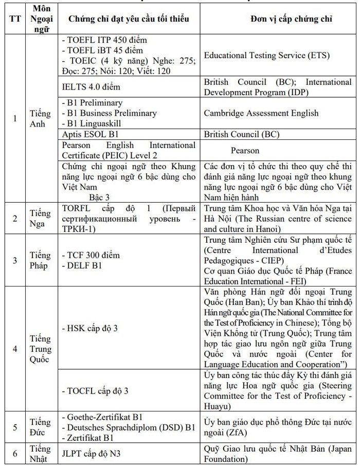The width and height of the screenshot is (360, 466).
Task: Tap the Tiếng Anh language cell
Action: (x=40, y=119)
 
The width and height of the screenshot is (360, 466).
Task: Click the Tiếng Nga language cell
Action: (x=40, y=219)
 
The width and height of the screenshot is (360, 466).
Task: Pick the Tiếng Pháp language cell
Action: (x=40, y=260)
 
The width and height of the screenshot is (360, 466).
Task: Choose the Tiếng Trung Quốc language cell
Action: (x=40, y=349)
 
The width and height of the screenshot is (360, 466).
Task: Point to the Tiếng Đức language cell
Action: (x=40, y=427)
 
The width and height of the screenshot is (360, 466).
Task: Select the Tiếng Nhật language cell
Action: (x=40, y=454)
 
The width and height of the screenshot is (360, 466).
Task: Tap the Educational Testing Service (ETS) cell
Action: (x=266, y=56)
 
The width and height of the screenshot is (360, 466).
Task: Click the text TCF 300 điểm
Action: (x=94, y=255)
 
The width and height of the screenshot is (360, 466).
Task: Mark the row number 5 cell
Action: (x=15, y=427)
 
